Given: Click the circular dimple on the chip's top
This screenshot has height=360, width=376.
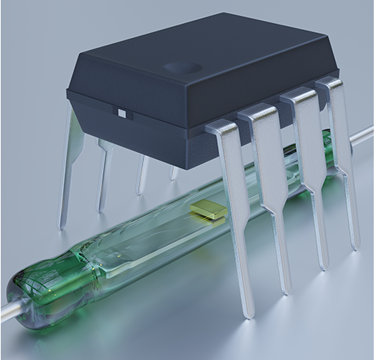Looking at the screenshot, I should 183,68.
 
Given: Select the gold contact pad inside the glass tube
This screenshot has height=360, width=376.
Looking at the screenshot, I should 210,211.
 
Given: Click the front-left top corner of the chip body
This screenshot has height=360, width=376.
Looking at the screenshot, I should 69,90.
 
